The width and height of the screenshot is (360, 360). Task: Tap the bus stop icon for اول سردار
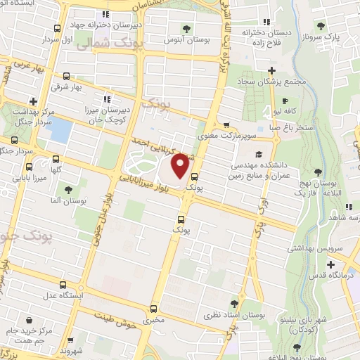57,28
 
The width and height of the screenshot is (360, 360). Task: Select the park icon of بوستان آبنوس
186,28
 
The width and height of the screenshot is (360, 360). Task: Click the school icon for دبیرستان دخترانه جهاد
105,14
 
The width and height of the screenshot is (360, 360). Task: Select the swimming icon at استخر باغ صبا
272,129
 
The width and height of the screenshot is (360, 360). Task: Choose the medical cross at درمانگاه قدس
331,264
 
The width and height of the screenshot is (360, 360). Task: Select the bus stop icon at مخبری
154,309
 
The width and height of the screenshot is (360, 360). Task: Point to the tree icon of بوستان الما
68,190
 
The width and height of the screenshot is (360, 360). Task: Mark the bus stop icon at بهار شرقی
65,77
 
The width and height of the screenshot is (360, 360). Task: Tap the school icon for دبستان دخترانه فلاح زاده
265,21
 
